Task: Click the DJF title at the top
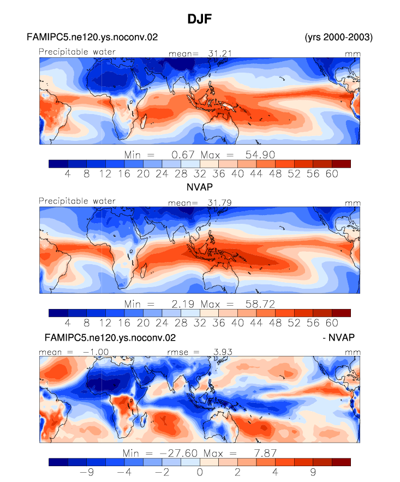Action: click(x=200, y=19)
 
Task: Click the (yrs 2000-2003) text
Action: click(x=338, y=37)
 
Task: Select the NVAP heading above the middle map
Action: click(x=200, y=187)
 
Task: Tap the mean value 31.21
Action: click(x=220, y=53)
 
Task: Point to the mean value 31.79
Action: click(x=219, y=203)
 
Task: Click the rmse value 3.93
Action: click(x=223, y=352)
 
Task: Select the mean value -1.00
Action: click(x=95, y=352)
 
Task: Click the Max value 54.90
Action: click(x=260, y=154)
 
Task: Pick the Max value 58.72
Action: click(x=260, y=304)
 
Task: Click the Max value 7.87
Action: click(x=265, y=453)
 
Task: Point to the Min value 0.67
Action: click(x=183, y=154)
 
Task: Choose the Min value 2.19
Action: click(x=183, y=304)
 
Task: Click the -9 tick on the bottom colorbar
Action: click(x=87, y=472)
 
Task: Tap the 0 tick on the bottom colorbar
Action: click(x=200, y=472)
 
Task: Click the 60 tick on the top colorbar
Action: click(x=332, y=174)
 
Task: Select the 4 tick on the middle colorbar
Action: click(x=68, y=323)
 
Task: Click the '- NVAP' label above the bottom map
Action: click(x=338, y=337)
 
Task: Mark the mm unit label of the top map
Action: click(x=353, y=54)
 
